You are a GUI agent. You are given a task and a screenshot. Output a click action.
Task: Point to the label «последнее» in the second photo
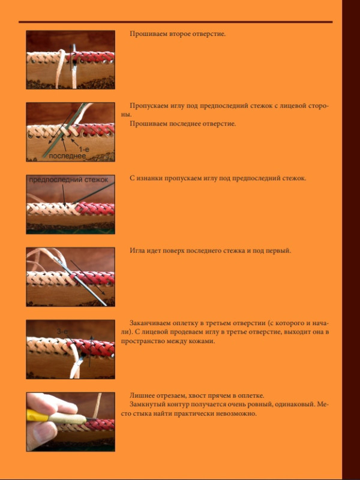pos(67,156)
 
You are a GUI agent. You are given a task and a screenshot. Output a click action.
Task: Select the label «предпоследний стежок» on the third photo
pos(68,179)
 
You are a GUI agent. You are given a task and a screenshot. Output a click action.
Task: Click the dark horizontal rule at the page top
pos(175,22)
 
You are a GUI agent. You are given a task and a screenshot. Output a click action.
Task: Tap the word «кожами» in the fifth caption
pos(203,341)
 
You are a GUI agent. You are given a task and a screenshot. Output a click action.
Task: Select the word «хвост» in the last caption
pos(193,395)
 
